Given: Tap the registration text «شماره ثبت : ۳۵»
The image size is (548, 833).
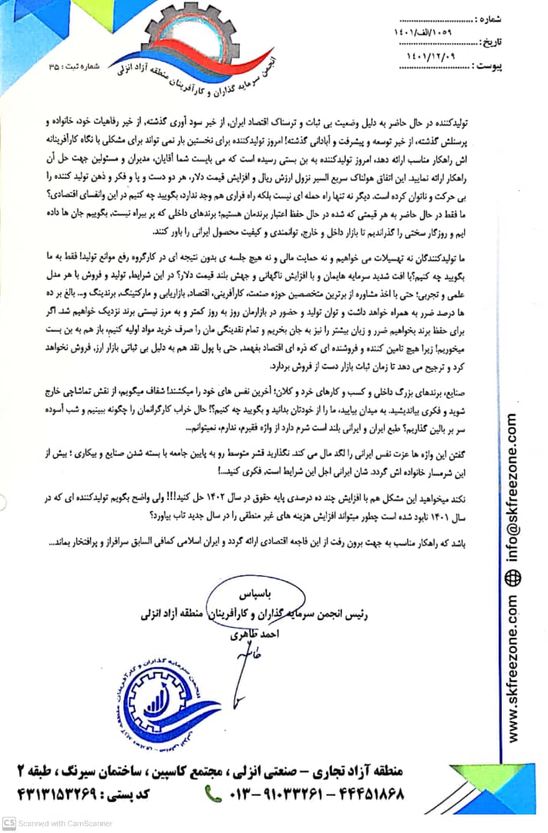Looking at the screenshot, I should point(75,68).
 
